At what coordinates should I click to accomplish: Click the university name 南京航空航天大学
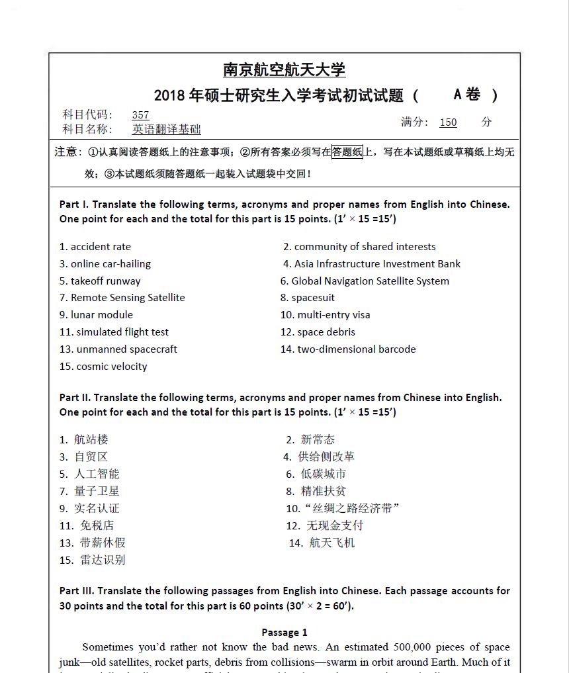(284, 69)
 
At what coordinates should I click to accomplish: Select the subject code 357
(140, 115)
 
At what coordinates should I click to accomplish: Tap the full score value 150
(448, 122)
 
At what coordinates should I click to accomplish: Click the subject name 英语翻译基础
(166, 130)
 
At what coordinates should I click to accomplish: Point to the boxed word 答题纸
(347, 152)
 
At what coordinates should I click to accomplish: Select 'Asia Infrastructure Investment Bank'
(377, 264)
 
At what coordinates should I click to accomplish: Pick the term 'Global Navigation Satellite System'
(370, 281)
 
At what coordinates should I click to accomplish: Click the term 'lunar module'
(102, 315)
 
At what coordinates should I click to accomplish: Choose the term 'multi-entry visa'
(333, 315)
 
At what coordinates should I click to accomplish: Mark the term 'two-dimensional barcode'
(357, 349)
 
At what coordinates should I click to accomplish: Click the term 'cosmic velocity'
(112, 367)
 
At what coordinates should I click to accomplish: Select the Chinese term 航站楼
(91, 439)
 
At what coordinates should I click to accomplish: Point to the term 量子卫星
(97, 491)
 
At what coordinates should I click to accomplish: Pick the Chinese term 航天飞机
(332, 543)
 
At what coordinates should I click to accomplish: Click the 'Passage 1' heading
(284, 633)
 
